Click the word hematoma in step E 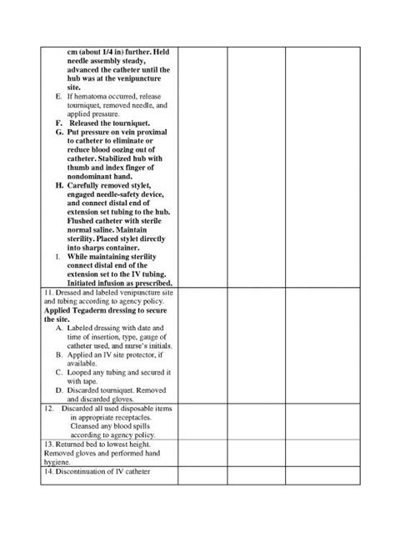click(x=90, y=97)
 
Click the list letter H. click(x=58, y=185)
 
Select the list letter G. click(x=58, y=132)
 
